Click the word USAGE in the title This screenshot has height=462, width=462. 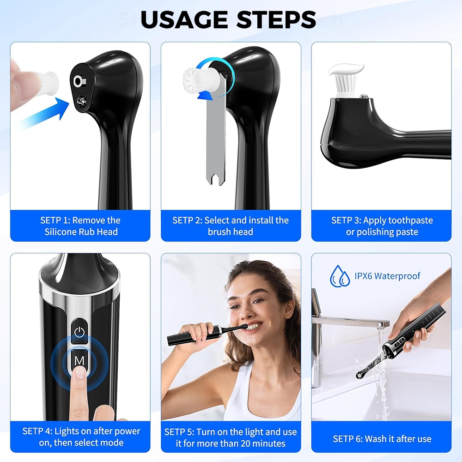click(x=184, y=20)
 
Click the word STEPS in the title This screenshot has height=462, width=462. click(x=276, y=20)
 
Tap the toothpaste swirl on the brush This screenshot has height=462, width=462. click(x=346, y=70)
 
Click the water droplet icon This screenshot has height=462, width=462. click(x=340, y=276)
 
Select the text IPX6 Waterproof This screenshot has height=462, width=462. click(x=387, y=276)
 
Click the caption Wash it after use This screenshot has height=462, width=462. click(x=398, y=439)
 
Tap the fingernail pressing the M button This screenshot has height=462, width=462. click(x=79, y=372)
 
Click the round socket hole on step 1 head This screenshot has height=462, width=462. click(x=79, y=81)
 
